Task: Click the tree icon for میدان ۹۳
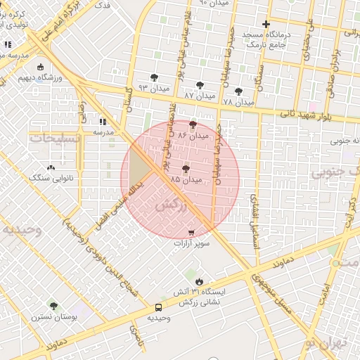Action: [x=154, y=77]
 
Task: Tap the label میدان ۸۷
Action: [x=198, y=94]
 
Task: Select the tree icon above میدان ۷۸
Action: [x=238, y=91]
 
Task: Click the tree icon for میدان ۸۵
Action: [x=186, y=169]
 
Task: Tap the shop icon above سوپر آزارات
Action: [x=191, y=232]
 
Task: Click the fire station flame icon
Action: [x=199, y=281]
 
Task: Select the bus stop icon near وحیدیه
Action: [x=158, y=307]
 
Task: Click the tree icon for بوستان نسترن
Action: [x=53, y=306]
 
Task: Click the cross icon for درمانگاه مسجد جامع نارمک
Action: [x=266, y=25]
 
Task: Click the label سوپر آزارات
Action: [x=191, y=243]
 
